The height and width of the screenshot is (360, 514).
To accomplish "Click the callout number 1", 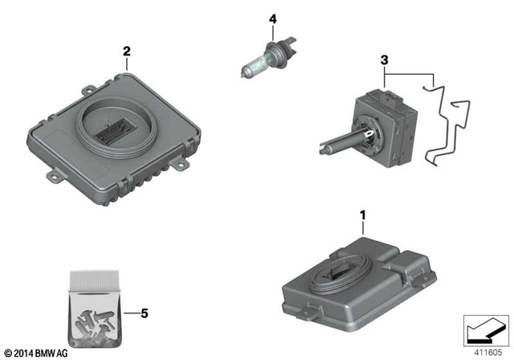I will point(362,216).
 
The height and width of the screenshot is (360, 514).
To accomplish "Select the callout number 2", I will point(126,52).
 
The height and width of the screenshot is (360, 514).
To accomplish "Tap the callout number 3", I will point(385,61).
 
